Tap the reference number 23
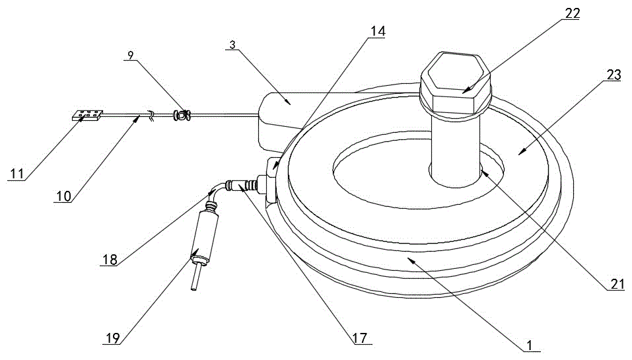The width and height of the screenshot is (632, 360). coord(614,75)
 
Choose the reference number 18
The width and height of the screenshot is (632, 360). coord(110,259)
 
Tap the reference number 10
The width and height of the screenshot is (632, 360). coord(64,196)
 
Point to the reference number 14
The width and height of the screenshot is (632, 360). coord(378,31)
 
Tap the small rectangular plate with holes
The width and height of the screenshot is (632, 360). coord(87,116)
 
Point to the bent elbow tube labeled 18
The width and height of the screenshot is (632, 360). coord(214,193)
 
